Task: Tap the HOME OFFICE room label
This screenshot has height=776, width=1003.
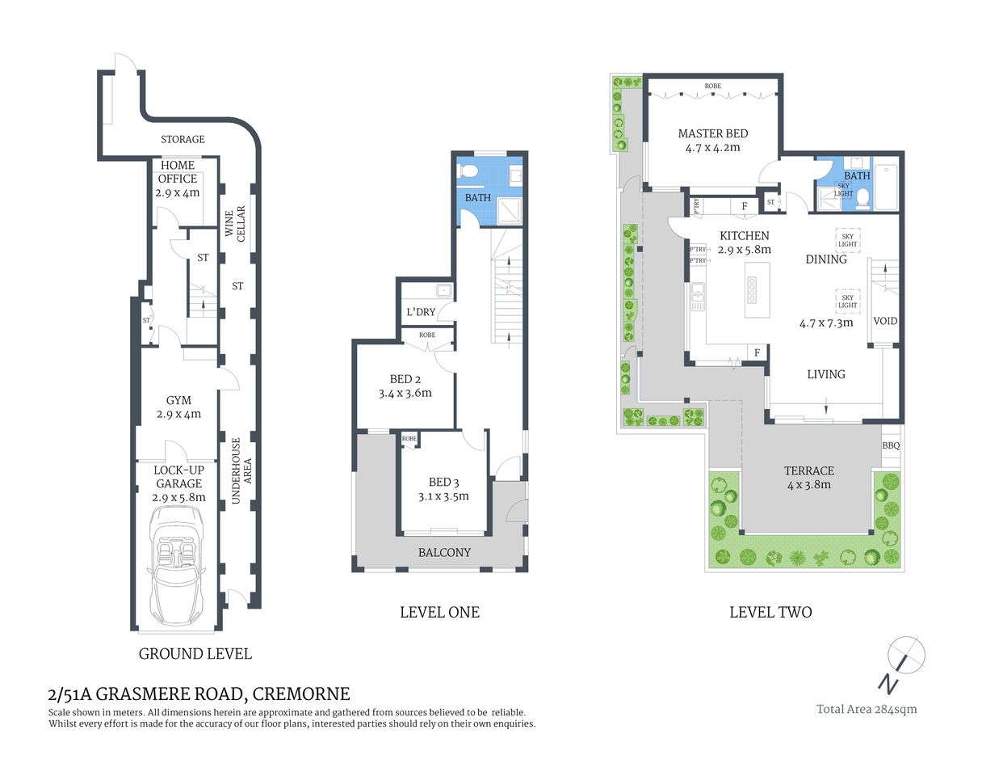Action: coord(178,171)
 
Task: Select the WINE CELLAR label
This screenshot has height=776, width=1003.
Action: coord(235,222)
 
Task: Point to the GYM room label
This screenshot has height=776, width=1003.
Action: coord(178,400)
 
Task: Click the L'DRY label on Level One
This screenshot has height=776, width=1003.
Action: coord(421,312)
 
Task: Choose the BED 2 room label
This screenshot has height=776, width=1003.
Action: coord(405,379)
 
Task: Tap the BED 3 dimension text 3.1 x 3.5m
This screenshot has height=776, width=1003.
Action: coord(443,496)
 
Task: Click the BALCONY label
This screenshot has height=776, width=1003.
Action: coord(444,553)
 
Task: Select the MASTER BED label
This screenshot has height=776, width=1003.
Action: coord(712,133)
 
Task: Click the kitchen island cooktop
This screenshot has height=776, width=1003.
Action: coord(752,290)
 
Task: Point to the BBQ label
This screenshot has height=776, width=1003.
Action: coord(891,445)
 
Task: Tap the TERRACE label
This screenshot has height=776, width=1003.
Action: coord(808,470)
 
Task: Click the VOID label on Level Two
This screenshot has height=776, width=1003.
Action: coord(885,321)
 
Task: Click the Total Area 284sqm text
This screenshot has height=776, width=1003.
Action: coord(867,709)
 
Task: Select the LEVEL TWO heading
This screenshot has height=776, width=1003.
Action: coord(770,613)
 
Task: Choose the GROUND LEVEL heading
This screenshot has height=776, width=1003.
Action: coord(195,654)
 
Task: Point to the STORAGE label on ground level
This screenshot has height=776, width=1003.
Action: coord(183,139)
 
